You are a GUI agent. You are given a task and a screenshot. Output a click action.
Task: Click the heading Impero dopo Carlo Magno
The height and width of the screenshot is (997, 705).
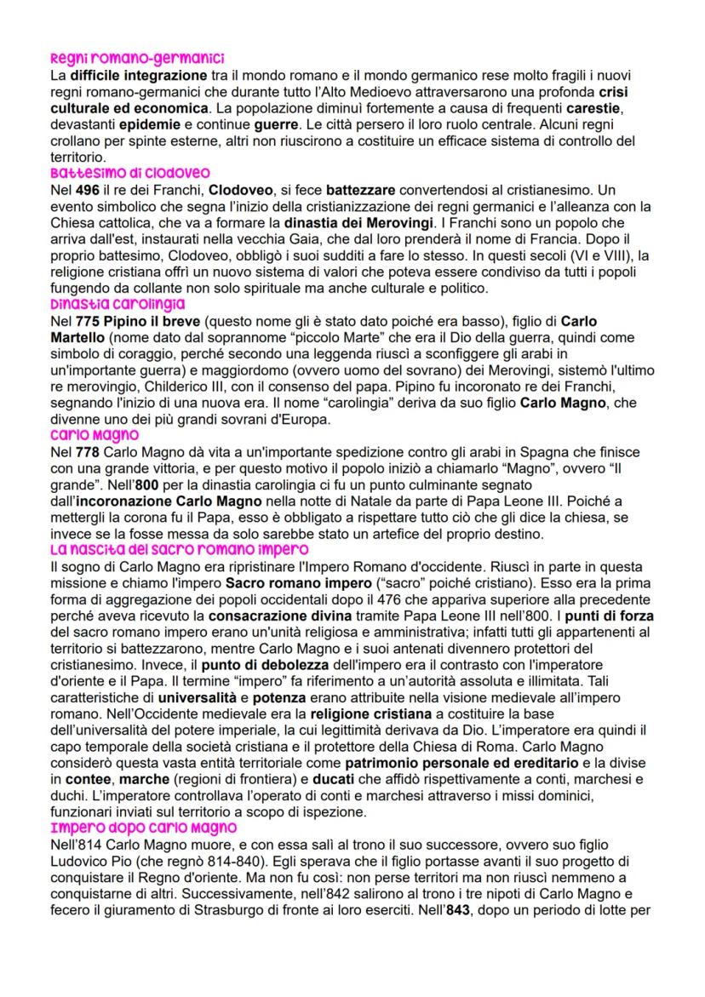click(143, 828)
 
